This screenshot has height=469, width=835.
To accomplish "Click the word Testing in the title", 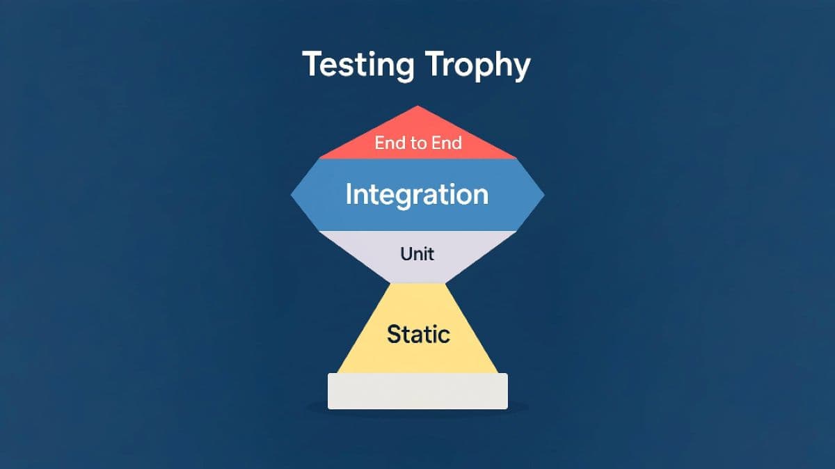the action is point(358,65).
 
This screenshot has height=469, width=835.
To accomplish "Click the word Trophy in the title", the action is point(477,65).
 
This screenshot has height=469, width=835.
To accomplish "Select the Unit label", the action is point(417,254).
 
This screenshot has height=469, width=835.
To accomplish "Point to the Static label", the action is point(418,334).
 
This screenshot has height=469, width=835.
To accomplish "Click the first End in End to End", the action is point(388,143).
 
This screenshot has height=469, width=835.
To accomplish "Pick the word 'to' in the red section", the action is point(417,143).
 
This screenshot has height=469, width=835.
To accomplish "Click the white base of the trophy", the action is point(417,391).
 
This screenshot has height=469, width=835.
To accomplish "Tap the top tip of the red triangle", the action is point(417,106).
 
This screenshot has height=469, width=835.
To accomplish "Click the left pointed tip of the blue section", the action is point(291,195).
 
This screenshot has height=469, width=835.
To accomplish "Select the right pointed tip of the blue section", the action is point(544,195).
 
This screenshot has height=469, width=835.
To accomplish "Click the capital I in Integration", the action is point(348,193).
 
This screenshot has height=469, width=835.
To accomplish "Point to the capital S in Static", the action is point(395,334).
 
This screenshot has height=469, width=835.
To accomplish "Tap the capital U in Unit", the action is point(406,254).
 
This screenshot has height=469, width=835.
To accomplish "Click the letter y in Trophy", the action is point(520,69).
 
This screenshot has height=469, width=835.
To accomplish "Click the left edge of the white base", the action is point(328,391).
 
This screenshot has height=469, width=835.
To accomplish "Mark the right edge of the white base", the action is point(507,391).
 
